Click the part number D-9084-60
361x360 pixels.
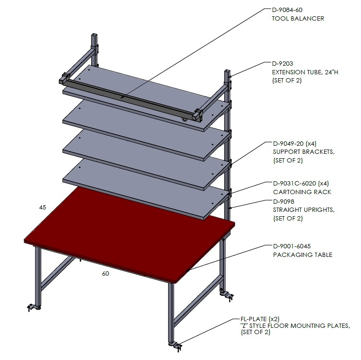coord(287,10)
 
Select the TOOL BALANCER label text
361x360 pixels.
coord(298,18)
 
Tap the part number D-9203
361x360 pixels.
coord(282,64)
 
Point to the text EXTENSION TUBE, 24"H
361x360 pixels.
coord(305,72)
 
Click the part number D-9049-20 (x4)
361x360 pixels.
coord(295,144)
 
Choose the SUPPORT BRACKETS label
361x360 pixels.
coord(304,152)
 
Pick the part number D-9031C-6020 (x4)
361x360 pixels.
coord(301,184)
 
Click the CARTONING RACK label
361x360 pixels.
coord(302,192)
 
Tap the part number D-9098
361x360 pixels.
coord(284,202)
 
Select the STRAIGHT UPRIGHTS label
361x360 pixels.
coord(304,210)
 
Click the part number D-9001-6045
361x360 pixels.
coord(291,246)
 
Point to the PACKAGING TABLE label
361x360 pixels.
coord(303,255)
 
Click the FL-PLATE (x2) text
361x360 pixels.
coord(260,319)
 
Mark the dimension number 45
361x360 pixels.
coord(43,208)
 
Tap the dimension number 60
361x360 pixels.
coord(105,273)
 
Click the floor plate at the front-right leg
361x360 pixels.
coord(176,346)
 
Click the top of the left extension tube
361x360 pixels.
coord(94,35)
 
